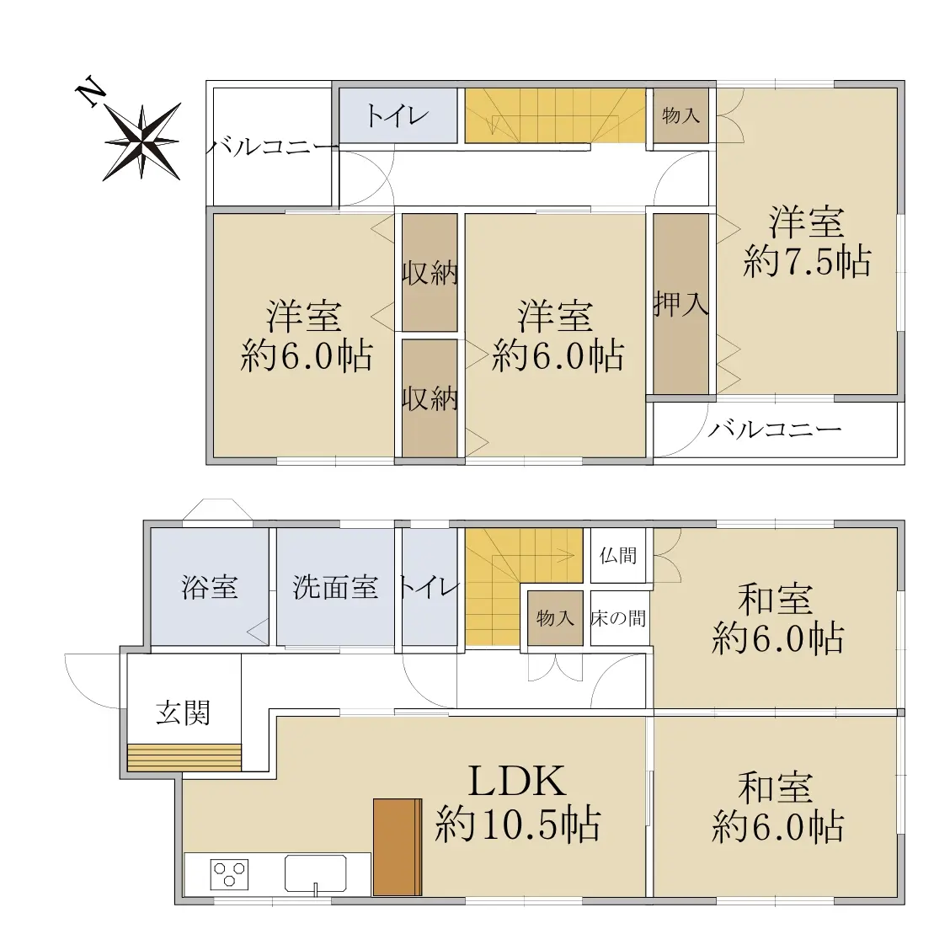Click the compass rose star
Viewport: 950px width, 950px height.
pos(142,141)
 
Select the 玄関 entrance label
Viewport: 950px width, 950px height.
pos(183,712)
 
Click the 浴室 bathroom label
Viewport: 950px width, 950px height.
pos(210,587)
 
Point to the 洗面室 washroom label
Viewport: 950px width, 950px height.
pos(336,587)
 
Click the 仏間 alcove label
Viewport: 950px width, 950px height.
pos(618,555)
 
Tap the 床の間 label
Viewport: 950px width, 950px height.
pos(618,618)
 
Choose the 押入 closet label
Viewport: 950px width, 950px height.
pos(681,303)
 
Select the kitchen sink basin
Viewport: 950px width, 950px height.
pos(316,873)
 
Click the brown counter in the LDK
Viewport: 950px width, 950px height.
pos(398,847)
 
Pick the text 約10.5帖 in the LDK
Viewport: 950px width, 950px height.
pos(518,825)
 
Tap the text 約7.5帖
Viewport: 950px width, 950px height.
pos(807,262)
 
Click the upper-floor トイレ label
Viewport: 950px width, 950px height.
pos(398,115)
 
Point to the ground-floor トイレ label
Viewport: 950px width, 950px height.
pos(429,587)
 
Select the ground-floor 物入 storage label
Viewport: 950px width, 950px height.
pos(555,618)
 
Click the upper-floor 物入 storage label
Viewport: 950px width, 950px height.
pos(681,115)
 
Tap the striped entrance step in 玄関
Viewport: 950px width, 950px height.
pos(184,757)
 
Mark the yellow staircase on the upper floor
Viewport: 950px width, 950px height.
pos(555,115)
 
